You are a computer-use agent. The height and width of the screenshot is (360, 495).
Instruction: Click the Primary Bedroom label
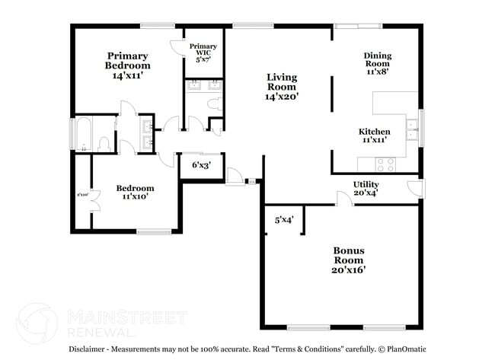(x=127, y=65)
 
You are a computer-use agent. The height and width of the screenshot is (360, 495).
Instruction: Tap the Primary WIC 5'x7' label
(x=203, y=53)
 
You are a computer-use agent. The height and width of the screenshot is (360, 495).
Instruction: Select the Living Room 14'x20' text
(x=281, y=87)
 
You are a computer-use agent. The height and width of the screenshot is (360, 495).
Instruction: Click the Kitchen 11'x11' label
(x=375, y=135)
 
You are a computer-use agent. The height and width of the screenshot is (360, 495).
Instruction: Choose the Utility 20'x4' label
(x=366, y=189)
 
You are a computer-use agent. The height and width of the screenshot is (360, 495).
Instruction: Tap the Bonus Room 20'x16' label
(x=348, y=260)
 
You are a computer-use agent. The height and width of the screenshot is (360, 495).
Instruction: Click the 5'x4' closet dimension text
(x=284, y=220)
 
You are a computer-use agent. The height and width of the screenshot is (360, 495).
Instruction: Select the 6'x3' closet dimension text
(x=201, y=164)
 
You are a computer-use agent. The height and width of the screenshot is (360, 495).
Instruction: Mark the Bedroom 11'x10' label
(x=135, y=192)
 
